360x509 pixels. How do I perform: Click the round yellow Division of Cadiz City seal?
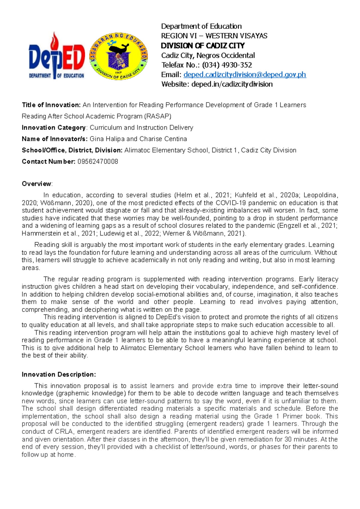[119, 56]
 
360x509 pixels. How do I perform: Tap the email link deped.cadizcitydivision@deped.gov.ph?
[244, 75]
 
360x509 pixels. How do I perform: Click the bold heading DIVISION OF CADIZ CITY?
[203, 46]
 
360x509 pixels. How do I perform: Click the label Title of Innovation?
[51, 105]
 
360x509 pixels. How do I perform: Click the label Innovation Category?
[54, 128]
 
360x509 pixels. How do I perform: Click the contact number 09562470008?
[98, 162]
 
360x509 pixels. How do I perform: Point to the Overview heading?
[37, 184]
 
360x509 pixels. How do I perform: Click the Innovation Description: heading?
[59, 374]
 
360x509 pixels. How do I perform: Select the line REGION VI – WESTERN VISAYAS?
[214, 36]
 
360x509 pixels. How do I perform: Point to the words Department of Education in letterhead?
[201, 26]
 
